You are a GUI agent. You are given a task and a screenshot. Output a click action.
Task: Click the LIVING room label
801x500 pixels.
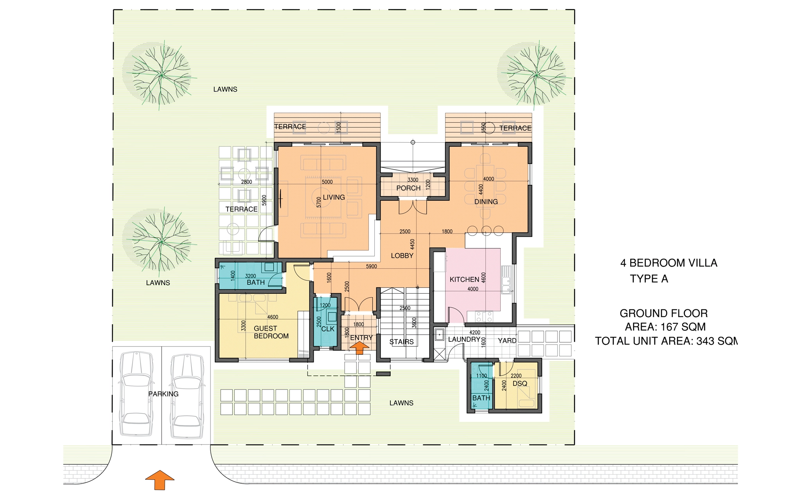point(334,197)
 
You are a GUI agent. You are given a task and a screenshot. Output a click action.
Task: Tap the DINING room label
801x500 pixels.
point(486,202)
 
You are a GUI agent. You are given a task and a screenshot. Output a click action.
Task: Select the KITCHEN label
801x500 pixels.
point(464,279)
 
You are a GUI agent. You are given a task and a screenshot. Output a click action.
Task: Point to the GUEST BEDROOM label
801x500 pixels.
point(271,332)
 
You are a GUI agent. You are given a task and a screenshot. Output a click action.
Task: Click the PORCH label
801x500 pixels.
point(408,188)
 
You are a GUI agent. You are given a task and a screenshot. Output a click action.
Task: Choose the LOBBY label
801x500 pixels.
point(402,255)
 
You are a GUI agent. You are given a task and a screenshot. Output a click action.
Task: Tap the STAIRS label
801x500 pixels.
point(401,342)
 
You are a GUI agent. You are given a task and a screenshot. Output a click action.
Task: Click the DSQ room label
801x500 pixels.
point(520,384)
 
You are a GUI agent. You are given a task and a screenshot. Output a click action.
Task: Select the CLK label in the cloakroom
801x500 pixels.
point(328,329)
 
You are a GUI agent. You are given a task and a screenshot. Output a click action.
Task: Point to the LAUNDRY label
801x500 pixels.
point(464,339)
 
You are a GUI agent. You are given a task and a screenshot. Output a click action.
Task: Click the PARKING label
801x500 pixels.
point(163,394)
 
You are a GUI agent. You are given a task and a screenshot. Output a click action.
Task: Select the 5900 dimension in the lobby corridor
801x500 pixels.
point(371,266)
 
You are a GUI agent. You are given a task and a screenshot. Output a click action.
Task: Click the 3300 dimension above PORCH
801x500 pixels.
point(413,180)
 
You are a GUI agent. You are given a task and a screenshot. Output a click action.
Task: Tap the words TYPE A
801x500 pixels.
point(649,279)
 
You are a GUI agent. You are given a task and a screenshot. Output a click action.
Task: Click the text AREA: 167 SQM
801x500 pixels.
point(665,327)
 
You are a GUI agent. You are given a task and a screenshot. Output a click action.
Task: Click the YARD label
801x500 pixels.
point(507,341)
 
